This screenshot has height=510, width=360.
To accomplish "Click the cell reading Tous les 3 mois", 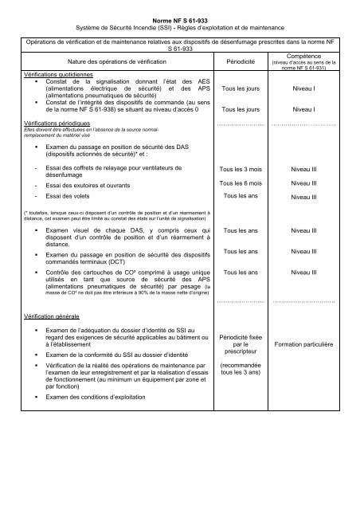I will [x=240, y=170].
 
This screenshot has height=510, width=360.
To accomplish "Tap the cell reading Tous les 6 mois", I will [x=240, y=182].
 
